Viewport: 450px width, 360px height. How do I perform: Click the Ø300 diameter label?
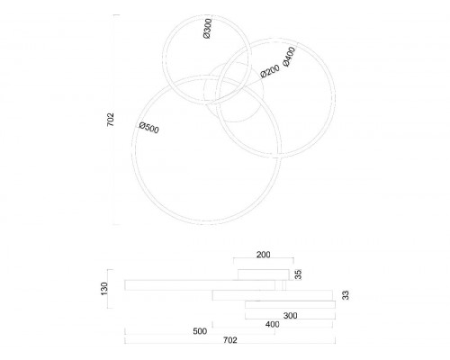207,29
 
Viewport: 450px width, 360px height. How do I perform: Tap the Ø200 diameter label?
270,71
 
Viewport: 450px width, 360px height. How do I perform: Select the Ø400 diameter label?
289,57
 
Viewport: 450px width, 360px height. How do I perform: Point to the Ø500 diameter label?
149,128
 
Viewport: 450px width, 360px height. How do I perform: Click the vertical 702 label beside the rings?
111,120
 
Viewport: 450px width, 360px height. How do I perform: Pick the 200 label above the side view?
264,255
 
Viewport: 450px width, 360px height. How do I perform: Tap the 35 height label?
298,274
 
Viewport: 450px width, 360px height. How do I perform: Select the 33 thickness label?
346,295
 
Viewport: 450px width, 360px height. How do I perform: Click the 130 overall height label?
104,289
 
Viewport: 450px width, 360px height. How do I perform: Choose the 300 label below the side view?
290,316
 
